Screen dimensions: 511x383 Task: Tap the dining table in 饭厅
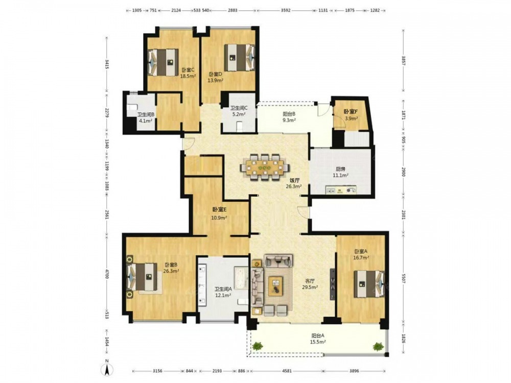click(x=265, y=167)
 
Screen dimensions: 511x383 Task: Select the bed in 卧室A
click(x=369, y=283)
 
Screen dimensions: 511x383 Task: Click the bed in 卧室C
click(x=164, y=62)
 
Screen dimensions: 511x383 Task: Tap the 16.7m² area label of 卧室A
click(x=362, y=257)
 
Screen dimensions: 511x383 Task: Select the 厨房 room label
click(x=340, y=169)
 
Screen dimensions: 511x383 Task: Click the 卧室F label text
click(x=351, y=111)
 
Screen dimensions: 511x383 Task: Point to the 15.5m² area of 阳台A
click(x=318, y=342)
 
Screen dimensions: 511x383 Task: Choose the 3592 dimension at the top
click(x=286, y=10)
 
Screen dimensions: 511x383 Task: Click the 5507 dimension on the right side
click(x=404, y=282)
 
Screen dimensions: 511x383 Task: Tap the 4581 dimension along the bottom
click(x=287, y=371)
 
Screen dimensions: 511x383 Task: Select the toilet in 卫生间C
click(x=239, y=126)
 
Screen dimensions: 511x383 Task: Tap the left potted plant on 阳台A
click(x=258, y=346)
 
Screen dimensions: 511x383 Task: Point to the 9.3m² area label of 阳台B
click(x=289, y=120)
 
